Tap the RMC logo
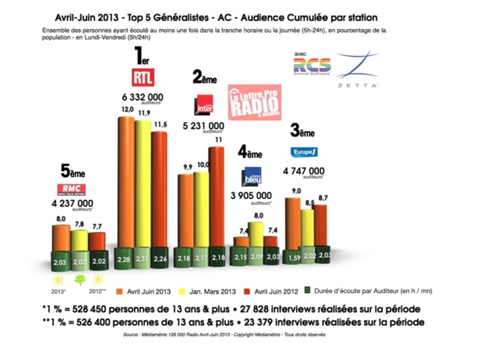coord(68,188)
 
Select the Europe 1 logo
coord(304,151)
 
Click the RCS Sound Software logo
coord(312,67)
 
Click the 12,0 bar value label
coord(127,110)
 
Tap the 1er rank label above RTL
coord(143,57)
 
